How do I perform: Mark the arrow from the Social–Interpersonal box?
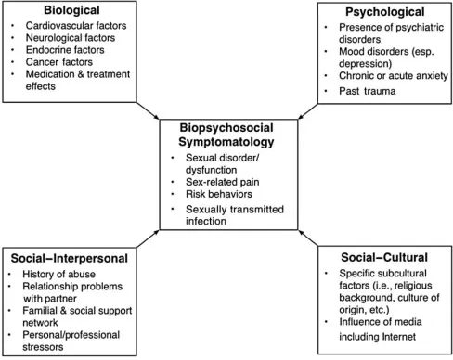143,239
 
